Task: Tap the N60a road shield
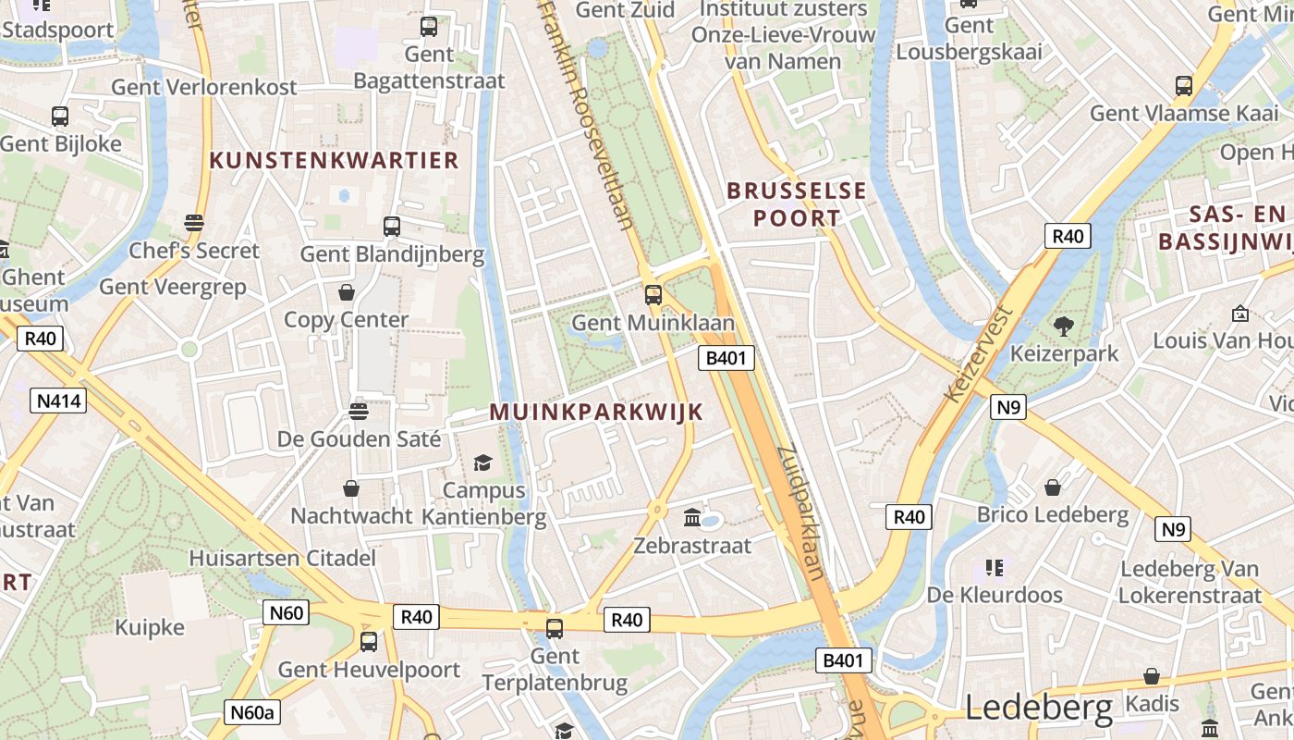click(252, 712)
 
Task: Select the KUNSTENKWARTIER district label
click(335, 160)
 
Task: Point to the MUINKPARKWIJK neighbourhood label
click(596, 413)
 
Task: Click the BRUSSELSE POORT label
click(797, 204)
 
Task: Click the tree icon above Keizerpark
click(1063, 326)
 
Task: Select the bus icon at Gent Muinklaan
click(653, 295)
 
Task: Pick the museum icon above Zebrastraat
click(692, 517)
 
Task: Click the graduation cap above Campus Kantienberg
click(482, 462)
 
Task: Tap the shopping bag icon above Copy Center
click(347, 292)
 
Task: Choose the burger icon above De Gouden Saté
click(359, 411)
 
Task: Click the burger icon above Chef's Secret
click(193, 223)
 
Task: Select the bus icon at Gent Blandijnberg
click(392, 226)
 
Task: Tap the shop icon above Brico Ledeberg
click(1052, 487)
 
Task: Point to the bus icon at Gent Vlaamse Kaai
click(1184, 86)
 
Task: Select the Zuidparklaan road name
click(801, 512)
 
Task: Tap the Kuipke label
click(150, 627)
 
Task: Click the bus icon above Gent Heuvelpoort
click(369, 641)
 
